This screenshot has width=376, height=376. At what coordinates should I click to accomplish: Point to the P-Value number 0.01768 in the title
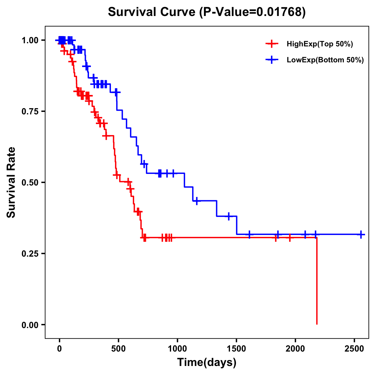[279, 12]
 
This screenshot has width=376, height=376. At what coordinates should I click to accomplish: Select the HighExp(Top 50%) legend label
[320, 44]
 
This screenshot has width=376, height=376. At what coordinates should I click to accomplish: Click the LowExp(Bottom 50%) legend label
[325, 60]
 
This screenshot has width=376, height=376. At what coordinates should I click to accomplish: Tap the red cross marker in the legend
[272, 44]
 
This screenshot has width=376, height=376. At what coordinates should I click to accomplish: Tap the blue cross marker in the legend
[272, 60]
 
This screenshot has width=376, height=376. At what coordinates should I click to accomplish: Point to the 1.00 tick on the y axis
[31, 40]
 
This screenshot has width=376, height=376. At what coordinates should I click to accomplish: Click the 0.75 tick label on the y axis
[31, 112]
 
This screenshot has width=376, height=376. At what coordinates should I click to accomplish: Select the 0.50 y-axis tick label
[31, 183]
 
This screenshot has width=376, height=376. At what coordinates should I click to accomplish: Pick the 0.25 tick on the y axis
[31, 253]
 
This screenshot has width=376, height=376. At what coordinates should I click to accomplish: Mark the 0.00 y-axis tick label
[31, 325]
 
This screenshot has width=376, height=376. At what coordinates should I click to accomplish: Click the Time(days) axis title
[207, 363]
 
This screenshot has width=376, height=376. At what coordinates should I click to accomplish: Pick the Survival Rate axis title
[11, 182]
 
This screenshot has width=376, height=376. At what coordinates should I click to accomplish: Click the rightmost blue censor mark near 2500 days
[361, 234]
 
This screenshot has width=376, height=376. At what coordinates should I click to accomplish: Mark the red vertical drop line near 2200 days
[317, 282]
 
